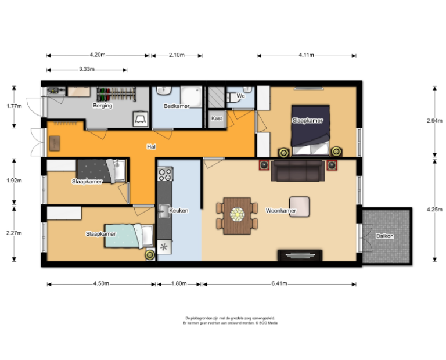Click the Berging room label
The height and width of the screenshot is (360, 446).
coord(102,106)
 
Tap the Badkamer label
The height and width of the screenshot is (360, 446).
coord(177,106)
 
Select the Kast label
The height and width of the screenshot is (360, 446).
coord(217,118)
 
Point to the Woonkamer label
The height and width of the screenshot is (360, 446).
coord(280,210)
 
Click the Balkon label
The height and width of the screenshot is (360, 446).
coord(384,236)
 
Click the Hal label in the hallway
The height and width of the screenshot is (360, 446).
coord(150,147)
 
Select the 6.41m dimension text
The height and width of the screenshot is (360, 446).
coord(279,284)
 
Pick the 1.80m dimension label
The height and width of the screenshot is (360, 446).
coord(178,284)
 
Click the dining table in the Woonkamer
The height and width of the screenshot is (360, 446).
coord(237,214)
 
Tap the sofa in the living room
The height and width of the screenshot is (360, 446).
coord(297,171)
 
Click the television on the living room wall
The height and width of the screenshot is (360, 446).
coord(300,255)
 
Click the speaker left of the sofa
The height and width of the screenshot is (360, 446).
coord(264,166)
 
